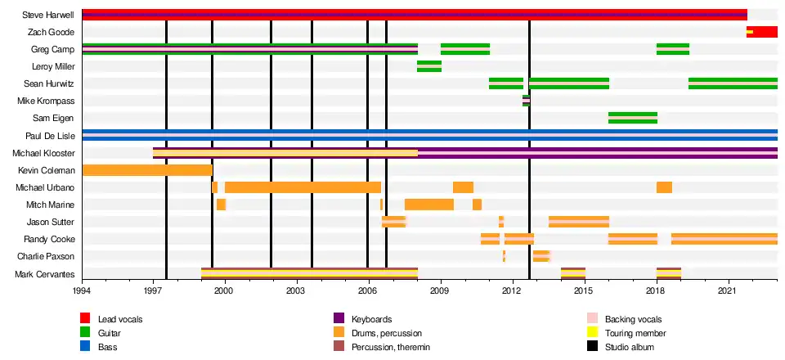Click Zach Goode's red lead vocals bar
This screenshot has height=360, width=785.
[x=762, y=32]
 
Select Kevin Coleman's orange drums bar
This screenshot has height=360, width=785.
[x=147, y=170]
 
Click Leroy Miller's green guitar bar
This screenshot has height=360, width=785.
[x=429, y=66]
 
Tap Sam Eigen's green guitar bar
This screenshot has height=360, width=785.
[x=633, y=118]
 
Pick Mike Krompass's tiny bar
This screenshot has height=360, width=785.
[x=527, y=101]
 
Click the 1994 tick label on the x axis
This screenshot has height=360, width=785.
[x=83, y=290]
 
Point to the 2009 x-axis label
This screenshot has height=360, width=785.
[x=441, y=290]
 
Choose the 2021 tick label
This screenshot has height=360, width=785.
[x=729, y=290]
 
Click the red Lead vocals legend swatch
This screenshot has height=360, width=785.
[x=85, y=318]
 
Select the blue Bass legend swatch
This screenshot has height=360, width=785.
[x=85, y=347]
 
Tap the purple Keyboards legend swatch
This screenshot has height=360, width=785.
[x=339, y=318]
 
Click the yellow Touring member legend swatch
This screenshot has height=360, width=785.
[x=593, y=333]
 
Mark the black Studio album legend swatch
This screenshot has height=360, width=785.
[x=593, y=347]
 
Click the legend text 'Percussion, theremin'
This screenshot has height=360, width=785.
[x=391, y=348]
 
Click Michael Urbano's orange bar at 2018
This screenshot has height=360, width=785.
[x=664, y=187]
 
